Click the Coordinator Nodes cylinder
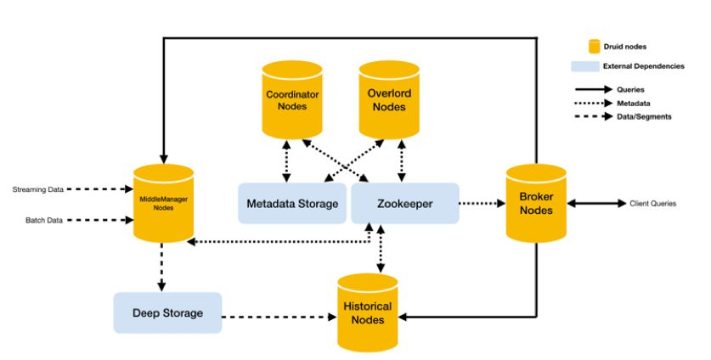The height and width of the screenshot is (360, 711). coord(292,99)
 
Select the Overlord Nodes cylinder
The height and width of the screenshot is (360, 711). coord(388,99)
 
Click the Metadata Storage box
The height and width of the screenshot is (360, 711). coord(292,204)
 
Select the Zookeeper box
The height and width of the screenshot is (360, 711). coord(405,204)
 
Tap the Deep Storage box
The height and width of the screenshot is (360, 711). coord(167,312)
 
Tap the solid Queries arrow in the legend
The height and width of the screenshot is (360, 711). coord(595,88)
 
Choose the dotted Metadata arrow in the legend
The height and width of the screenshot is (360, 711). coord(595,102)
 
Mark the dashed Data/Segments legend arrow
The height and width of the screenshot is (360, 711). coord(595,116)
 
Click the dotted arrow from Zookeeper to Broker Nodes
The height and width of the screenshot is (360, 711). coord(482,204)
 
